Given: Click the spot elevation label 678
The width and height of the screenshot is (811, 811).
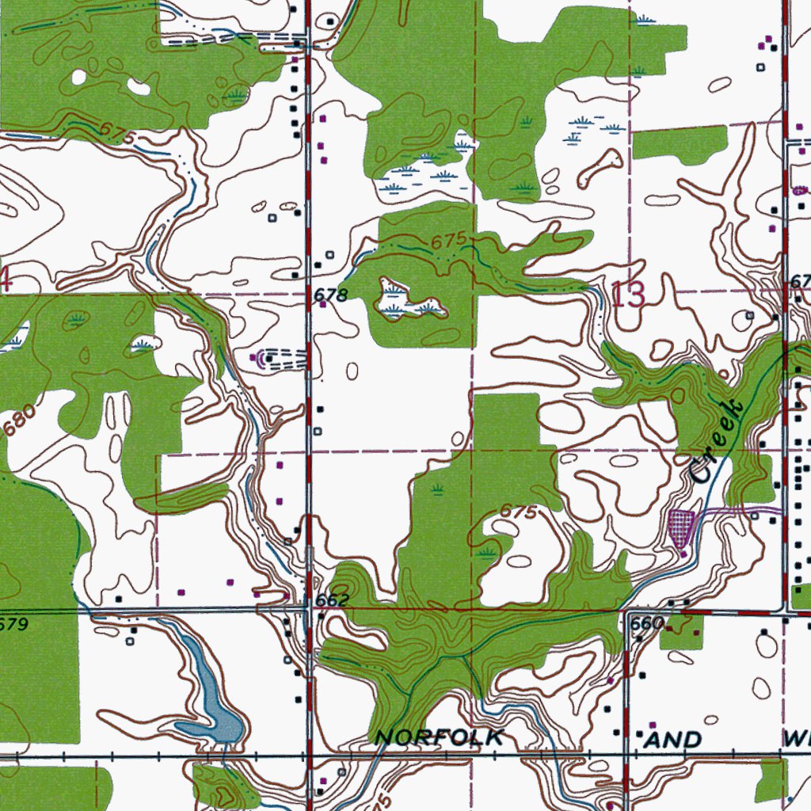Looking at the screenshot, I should point(331,295).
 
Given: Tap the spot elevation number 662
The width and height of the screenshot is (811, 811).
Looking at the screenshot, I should point(332,600).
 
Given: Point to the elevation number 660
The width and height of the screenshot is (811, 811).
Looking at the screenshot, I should point(646,623).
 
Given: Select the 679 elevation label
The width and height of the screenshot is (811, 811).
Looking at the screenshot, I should point(14,625).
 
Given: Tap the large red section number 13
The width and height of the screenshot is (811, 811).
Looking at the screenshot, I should point(629,295).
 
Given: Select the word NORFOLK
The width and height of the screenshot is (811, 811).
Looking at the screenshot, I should point(439,738).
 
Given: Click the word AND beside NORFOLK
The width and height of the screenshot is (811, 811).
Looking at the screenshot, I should point(673,740).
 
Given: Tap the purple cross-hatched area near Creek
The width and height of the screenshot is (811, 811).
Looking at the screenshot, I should point(681,527).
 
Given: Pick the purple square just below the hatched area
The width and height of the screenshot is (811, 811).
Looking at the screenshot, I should point(683,554).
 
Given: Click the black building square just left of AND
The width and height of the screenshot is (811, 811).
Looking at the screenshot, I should point(640,734).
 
